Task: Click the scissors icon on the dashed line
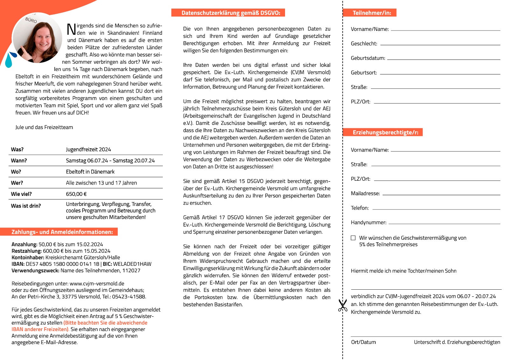342,305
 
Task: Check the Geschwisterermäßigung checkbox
353,238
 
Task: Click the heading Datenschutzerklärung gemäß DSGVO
231,13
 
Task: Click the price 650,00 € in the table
76,194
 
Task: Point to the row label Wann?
19,160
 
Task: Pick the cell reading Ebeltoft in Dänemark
90,172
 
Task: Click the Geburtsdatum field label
368,58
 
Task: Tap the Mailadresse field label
365,193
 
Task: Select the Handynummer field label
368,222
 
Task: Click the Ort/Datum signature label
363,342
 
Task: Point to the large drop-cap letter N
71,29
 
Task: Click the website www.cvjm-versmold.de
97,283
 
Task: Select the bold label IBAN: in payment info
18,264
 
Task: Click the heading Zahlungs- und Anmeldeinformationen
62,232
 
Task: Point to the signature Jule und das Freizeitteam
44,127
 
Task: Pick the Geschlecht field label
364,43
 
